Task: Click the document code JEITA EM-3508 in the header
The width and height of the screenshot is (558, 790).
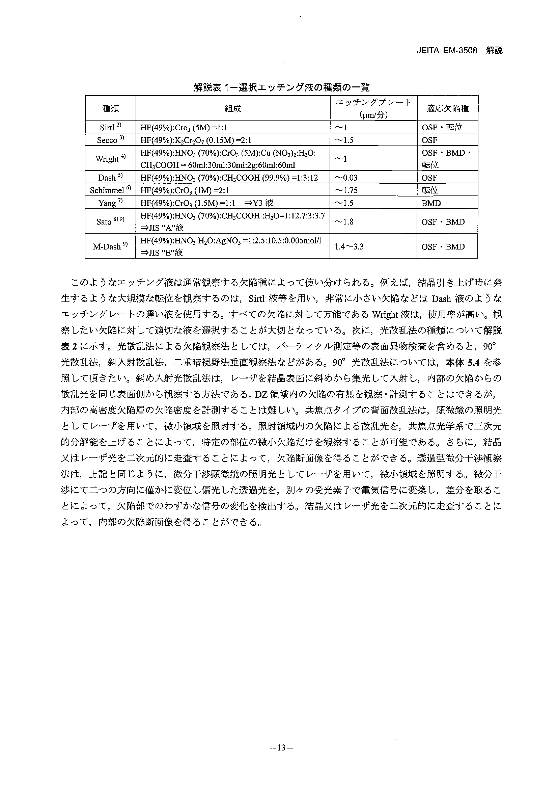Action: coord(447,51)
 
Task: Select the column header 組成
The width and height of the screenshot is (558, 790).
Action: coord(233,109)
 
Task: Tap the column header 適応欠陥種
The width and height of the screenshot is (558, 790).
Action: coord(447,109)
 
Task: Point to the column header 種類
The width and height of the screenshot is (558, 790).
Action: coord(110,109)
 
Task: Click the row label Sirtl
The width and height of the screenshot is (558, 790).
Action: coord(110,127)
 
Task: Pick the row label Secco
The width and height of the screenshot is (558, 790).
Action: coord(110,140)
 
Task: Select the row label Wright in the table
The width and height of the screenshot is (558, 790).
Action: coord(110,159)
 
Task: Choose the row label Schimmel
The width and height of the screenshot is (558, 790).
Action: coord(110,190)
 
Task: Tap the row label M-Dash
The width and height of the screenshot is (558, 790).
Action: coord(110,246)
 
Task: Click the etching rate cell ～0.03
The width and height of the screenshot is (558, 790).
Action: coord(346,178)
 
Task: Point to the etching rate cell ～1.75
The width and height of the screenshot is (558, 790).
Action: coord(346,190)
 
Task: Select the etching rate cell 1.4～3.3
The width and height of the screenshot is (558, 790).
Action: coord(349,246)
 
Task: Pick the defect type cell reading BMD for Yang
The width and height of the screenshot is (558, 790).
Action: coord(431,203)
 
